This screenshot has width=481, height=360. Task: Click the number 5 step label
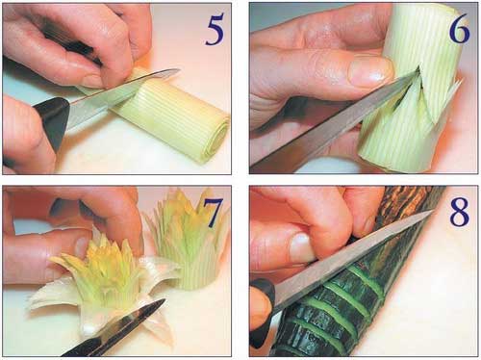pos(215,30)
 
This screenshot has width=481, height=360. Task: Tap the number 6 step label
pos(460,29)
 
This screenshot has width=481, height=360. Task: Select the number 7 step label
pos(213,213)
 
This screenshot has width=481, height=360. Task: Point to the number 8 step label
pos(460,213)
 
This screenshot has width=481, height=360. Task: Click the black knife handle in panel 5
pos(50,123)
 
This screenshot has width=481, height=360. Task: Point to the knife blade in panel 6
pos(334,122)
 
